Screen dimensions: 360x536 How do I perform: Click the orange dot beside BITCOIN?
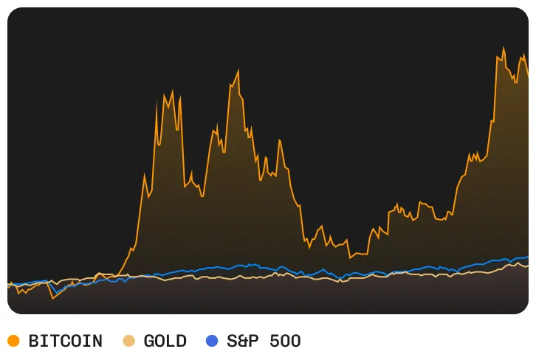click(13, 341)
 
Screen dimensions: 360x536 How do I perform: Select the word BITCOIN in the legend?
click(65, 341)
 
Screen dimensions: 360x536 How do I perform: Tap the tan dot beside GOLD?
click(128, 341)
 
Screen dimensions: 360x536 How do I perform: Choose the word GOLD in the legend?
click(165, 341)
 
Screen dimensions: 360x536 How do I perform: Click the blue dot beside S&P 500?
click(212, 341)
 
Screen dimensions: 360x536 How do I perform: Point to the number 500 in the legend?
click(285, 341)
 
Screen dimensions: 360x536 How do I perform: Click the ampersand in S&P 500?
click(243, 341)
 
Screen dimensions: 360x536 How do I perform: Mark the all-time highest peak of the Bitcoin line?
click(504, 49)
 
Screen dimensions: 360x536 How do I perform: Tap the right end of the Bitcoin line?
click(528, 77)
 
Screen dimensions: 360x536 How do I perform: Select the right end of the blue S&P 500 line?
click(528, 257)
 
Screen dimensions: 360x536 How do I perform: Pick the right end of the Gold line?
click(528, 265)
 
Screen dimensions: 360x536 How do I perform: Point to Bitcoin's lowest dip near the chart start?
click(52, 299)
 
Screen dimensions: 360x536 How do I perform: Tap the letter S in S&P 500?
click(232, 341)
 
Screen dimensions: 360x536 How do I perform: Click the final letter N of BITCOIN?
click(97, 341)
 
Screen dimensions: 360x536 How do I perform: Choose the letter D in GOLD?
click(181, 341)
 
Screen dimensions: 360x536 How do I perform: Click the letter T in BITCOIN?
click(55, 341)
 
